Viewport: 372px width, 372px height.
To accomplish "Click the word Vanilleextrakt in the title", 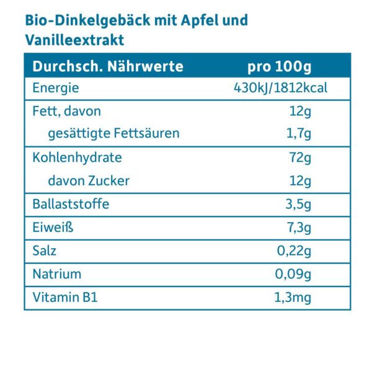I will click(75, 40).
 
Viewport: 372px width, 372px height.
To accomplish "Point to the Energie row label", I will click(56, 88).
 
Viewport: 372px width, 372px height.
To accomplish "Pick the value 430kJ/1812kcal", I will click(280, 88).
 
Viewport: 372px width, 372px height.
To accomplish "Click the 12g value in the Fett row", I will click(299, 112).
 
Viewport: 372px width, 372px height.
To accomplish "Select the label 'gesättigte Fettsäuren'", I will click(113, 133).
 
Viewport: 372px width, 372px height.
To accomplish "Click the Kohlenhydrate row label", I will click(77, 157).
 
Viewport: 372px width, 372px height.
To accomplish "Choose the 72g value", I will click(299, 157).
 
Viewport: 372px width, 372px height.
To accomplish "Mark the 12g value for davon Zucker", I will click(299, 180).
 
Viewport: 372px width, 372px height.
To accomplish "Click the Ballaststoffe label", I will click(71, 204).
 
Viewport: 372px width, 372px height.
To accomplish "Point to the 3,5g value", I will click(298, 204).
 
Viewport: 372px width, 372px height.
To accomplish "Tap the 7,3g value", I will click(298, 228).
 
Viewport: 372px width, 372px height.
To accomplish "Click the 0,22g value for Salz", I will click(293, 251).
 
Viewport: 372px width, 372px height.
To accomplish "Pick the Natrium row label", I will click(57, 274).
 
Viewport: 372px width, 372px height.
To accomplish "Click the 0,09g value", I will click(293, 274).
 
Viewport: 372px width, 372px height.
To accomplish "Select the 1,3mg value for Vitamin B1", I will click(292, 298).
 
